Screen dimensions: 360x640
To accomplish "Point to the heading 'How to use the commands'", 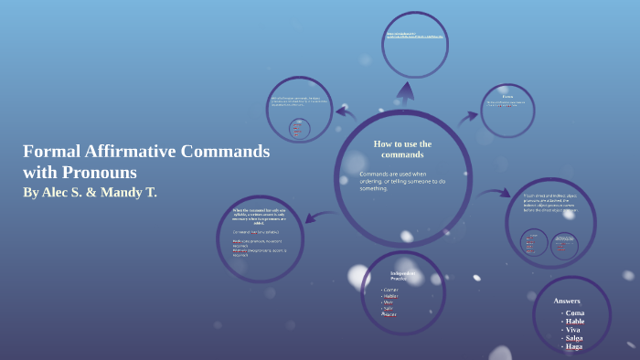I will [402, 149].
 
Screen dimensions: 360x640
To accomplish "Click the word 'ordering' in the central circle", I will [378, 181].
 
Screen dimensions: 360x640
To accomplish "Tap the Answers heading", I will [567, 301].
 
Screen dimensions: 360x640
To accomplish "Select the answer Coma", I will [575, 312].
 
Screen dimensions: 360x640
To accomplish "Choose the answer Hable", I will [575, 322].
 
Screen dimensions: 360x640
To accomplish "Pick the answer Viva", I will [573, 330].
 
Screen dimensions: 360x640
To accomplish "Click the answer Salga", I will [574, 338].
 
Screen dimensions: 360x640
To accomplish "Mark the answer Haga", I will [573, 346].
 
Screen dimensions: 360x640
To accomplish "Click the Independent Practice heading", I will [403, 275].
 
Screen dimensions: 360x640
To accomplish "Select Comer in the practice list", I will [391, 290].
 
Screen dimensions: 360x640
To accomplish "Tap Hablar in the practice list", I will [391, 296].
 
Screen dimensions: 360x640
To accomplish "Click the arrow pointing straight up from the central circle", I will [403, 91].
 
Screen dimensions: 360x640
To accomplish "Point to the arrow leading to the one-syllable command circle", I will [314, 217].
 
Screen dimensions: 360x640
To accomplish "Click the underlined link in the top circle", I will [415, 37].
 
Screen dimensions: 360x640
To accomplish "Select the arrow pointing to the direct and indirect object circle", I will [495, 193].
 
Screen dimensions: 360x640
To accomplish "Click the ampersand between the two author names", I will [96, 193].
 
